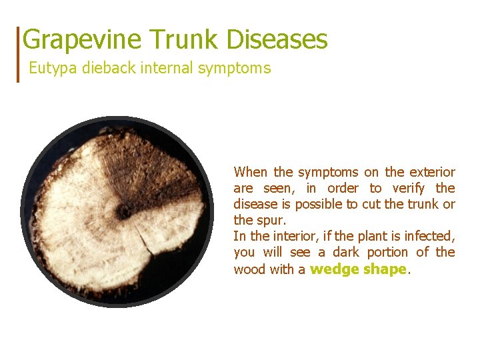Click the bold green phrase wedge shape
(x=358, y=269)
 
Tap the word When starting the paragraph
(x=250, y=172)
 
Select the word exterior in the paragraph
(x=429, y=172)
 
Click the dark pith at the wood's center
(x=123, y=212)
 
